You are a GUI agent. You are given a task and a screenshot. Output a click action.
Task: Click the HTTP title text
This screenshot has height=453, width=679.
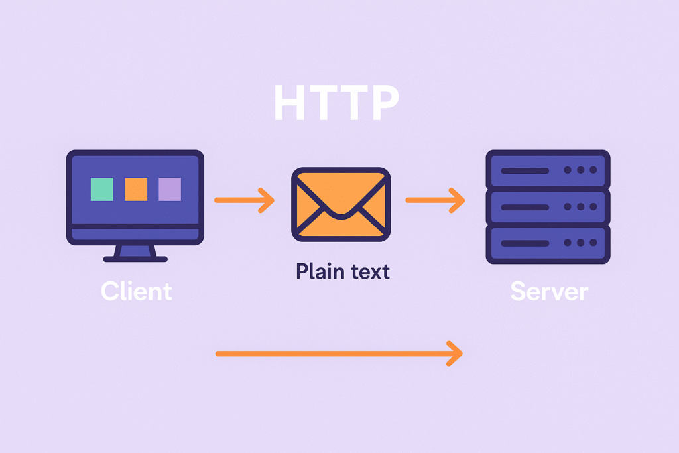click(x=336, y=102)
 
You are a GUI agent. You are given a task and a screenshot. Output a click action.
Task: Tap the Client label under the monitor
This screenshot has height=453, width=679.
click(x=137, y=291)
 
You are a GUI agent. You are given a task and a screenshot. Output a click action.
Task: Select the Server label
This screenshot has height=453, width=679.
click(x=549, y=291)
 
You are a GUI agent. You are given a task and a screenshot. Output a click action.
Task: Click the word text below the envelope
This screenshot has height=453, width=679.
click(x=370, y=272)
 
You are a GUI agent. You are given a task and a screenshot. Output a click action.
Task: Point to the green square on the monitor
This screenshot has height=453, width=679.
click(x=101, y=189)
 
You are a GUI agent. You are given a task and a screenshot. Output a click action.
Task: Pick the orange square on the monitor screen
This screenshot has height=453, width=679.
click(x=136, y=189)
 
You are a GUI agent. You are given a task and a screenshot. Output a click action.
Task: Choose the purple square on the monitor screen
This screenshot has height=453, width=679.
click(x=170, y=189)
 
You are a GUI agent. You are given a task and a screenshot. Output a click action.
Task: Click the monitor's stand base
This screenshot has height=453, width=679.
click(x=135, y=259)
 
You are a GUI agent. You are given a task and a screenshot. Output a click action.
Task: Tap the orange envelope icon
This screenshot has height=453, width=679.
click(x=341, y=204)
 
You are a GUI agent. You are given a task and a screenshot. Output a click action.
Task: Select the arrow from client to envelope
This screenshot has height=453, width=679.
click(x=244, y=200)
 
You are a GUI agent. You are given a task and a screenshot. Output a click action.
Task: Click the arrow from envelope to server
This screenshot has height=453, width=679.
click(x=435, y=200)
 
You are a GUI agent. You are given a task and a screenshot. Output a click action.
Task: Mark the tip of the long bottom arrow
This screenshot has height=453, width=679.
click(x=462, y=354)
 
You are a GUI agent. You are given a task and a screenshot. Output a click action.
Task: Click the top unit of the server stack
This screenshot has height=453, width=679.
click(x=548, y=170)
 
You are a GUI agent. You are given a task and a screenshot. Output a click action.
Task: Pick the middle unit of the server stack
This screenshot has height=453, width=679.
click(x=548, y=206)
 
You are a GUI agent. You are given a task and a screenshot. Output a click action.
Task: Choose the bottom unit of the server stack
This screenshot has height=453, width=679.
click(x=548, y=243)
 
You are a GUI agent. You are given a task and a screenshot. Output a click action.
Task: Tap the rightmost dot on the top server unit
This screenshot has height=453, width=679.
click(x=593, y=170)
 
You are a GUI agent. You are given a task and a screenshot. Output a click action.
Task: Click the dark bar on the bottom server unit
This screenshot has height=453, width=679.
click(x=525, y=243)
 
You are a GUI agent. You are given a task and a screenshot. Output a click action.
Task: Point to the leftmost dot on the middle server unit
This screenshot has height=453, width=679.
click(x=568, y=206)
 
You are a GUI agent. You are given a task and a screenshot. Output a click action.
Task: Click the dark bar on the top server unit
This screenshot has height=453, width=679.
click(x=525, y=170)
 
